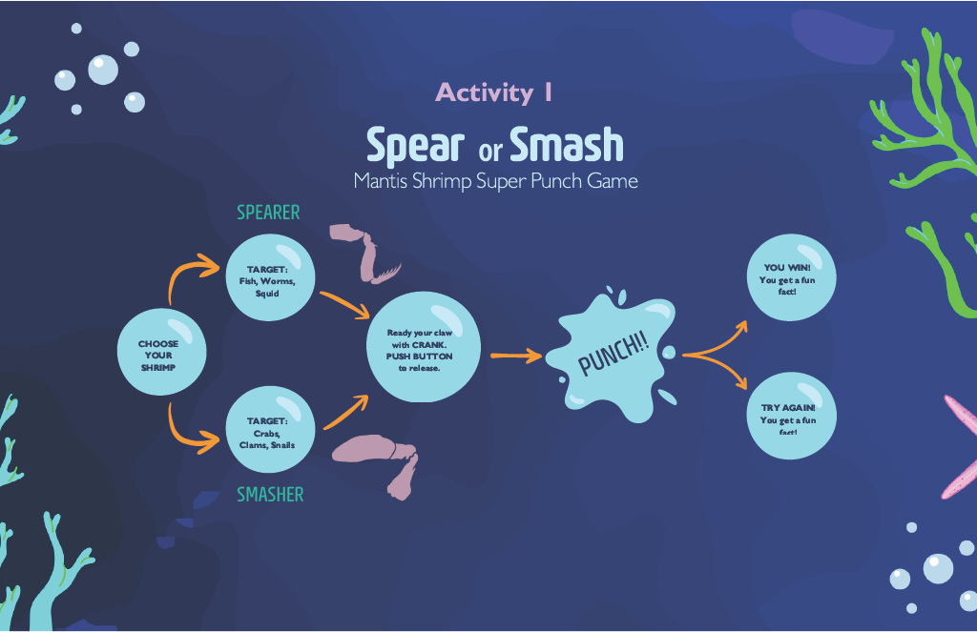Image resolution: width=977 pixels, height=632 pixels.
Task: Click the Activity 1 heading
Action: (x=494, y=92)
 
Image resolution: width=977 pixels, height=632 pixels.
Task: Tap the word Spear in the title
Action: (x=414, y=145)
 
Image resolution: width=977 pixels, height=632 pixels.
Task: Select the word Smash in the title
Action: (x=566, y=145)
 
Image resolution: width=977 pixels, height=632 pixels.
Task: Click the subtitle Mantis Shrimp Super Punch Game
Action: (x=494, y=180)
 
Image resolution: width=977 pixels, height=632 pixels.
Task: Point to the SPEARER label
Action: (x=268, y=213)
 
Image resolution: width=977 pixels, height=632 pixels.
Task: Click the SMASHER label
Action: (x=270, y=495)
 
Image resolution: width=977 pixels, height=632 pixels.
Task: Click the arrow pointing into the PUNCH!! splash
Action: (x=516, y=356)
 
